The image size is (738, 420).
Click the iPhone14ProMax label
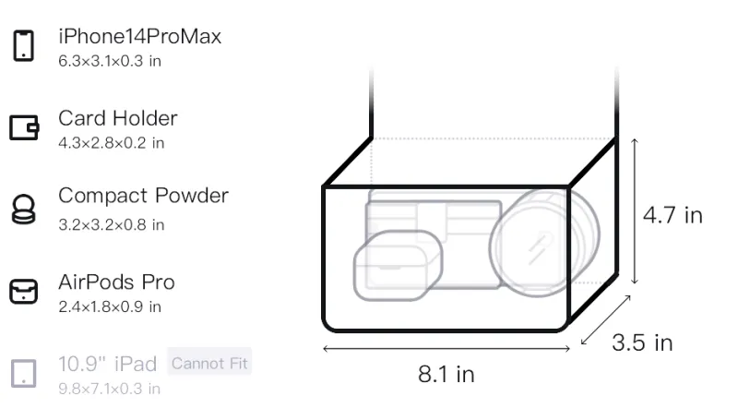[140, 36]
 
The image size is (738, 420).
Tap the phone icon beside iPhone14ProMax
[24, 45]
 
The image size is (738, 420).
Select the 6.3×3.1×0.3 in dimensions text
[110, 61]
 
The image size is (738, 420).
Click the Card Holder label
[118, 118]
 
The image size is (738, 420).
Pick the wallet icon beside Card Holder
[24, 127]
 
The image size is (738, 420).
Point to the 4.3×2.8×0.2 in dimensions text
[111, 143]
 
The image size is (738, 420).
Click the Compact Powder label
[144, 196]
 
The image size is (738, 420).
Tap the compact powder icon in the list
[24, 209]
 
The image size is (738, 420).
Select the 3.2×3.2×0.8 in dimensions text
[111, 225]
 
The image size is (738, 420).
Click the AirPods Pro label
[117, 282]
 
